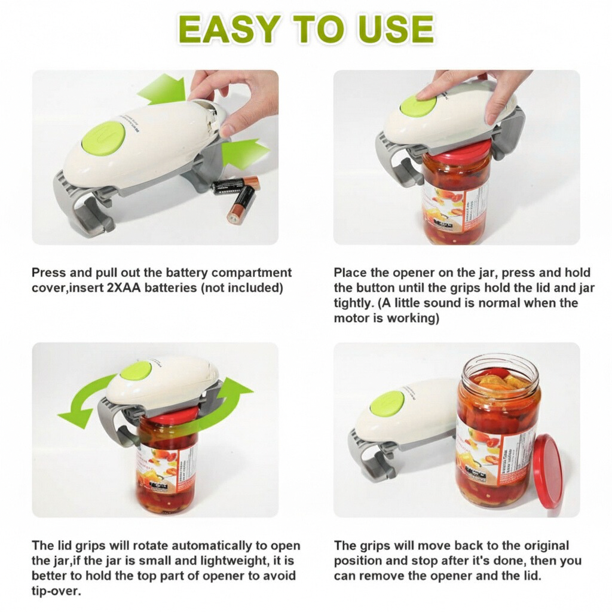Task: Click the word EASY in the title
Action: (230, 29)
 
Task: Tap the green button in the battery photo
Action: (103, 138)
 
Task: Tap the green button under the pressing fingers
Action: (418, 106)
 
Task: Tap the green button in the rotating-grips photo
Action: (136, 371)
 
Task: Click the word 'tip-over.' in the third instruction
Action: (56, 591)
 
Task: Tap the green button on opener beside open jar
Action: (387, 404)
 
